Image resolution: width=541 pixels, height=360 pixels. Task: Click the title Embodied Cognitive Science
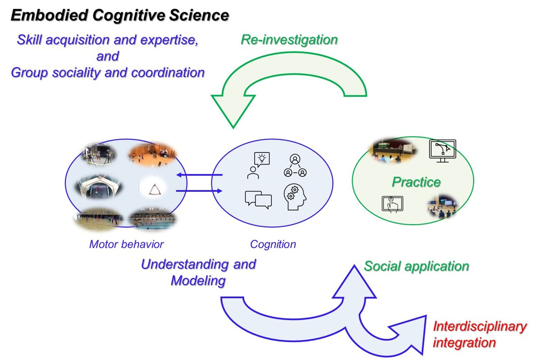pyautogui.click(x=119, y=15)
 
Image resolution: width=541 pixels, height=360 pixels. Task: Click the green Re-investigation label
pyautogui.click(x=289, y=40)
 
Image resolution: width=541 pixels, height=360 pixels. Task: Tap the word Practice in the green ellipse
pyautogui.click(x=416, y=182)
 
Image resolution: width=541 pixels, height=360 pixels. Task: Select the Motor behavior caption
pyautogui.click(x=126, y=245)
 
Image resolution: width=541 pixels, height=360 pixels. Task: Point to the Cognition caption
pyautogui.click(x=273, y=245)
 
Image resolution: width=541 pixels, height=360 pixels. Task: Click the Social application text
pyautogui.click(x=416, y=266)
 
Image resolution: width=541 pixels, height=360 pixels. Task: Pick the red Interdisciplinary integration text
pyautogui.click(x=479, y=334)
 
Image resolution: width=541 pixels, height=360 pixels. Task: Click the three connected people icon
pyautogui.click(x=295, y=166)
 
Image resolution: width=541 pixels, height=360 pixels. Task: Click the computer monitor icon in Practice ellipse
pyautogui.click(x=443, y=151)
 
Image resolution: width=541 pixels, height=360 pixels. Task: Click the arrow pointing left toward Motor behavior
pyautogui.click(x=199, y=175)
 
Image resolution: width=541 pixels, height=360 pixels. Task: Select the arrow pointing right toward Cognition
pyautogui.click(x=199, y=191)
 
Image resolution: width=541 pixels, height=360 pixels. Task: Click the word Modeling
pyautogui.click(x=198, y=281)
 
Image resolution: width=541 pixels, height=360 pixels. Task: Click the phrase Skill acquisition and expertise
pyautogui.click(x=107, y=40)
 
